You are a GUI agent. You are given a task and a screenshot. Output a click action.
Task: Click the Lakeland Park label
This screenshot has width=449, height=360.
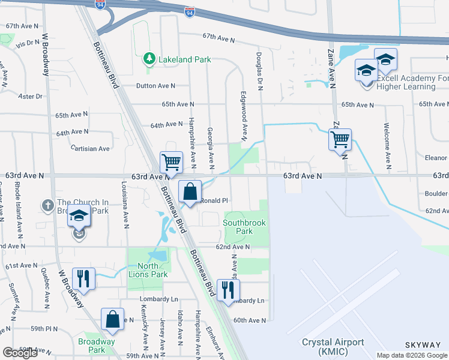[x=185, y=59]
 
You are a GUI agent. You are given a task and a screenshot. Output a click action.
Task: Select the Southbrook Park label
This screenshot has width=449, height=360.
[x=244, y=227]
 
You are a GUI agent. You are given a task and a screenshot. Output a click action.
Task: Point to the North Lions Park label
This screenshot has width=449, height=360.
[x=148, y=270]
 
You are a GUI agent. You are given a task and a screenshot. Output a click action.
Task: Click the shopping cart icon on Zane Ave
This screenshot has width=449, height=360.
[x=340, y=140]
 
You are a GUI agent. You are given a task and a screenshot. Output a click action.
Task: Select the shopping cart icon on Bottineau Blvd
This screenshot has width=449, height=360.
[x=172, y=161]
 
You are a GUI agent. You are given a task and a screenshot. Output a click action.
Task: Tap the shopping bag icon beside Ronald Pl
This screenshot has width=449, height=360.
[x=190, y=192]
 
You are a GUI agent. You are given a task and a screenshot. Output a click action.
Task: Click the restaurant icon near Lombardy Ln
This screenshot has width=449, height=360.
[x=228, y=290]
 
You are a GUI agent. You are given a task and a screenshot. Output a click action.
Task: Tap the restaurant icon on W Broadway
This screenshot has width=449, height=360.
[x=82, y=278]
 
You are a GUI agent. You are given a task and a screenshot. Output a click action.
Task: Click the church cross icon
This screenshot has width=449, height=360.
[x=48, y=206]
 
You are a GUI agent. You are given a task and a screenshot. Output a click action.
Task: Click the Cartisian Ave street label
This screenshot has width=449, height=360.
[x=90, y=148]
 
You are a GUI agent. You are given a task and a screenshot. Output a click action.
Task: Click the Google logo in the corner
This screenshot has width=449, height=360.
[x=20, y=353]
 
